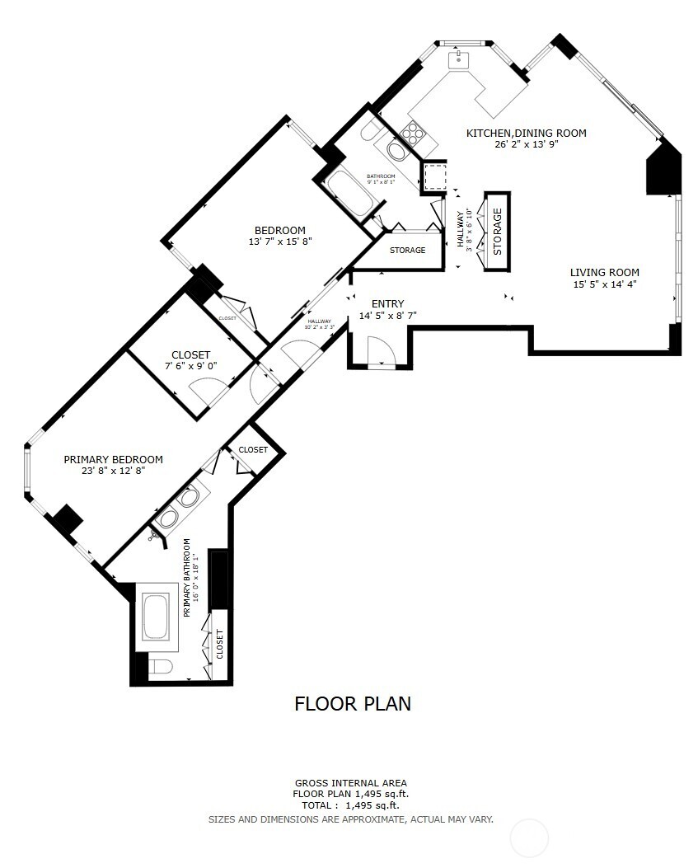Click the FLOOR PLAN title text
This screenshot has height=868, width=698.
[353, 703]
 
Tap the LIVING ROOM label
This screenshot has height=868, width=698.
[604, 273]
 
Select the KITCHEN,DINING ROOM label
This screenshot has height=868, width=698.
[526, 133]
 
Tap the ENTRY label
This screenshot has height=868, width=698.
[387, 303]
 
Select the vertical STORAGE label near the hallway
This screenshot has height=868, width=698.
[498, 232]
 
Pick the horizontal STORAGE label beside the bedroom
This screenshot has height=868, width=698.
[407, 250]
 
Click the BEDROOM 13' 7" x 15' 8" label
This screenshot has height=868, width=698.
[279, 230]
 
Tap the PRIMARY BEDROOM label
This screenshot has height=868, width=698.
[113, 460]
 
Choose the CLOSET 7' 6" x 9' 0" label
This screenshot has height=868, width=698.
[190, 354]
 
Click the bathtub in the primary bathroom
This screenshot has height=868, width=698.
[156, 617]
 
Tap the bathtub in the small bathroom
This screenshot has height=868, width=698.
[349, 192]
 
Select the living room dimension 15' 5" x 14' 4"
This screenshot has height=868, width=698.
[604, 284]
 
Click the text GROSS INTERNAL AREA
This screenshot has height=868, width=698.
[350, 783]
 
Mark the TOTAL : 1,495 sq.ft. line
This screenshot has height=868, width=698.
[350, 805]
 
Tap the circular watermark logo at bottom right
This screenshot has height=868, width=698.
[529, 838]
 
